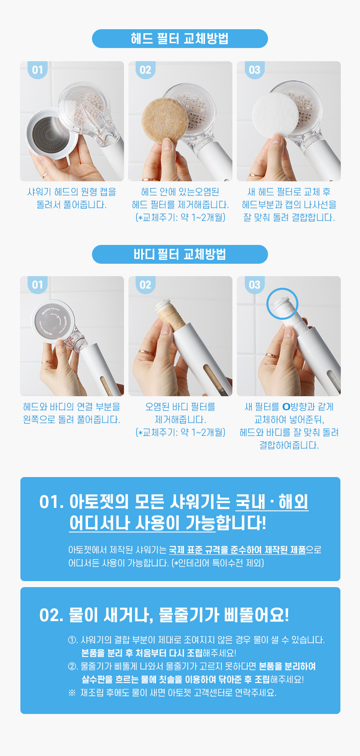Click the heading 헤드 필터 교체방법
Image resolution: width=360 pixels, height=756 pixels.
pos(180,38)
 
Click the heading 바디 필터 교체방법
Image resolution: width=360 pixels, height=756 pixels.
pos(180,254)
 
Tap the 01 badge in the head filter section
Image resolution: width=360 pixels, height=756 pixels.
pos(38,70)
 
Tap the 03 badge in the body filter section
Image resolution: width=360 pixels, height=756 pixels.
pos(255,285)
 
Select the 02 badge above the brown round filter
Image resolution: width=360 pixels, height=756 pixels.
pos(146,70)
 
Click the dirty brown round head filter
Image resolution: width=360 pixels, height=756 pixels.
pos(164,120)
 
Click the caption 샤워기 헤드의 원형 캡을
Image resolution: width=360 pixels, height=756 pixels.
pos(72,192)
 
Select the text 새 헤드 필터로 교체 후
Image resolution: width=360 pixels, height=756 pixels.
pos(289,192)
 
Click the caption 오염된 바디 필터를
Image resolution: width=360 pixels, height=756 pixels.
pos(180,407)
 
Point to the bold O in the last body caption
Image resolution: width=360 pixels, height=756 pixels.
pos(286,407)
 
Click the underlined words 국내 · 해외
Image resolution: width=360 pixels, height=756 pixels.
pos(272,502)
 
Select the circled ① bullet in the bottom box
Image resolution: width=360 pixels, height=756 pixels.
pos(73,640)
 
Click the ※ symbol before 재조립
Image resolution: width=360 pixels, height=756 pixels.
pos(72,693)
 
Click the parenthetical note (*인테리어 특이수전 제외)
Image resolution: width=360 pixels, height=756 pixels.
pos(218,563)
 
